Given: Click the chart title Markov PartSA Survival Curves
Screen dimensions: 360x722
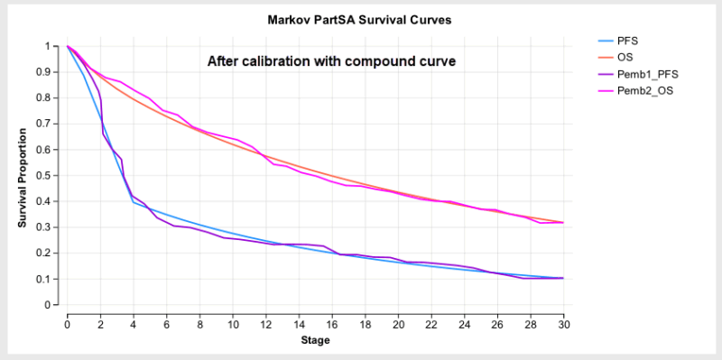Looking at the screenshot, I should click(360, 19).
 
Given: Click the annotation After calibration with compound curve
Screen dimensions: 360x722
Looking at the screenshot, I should click(331, 61).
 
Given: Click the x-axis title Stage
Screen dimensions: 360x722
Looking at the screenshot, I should click(315, 341).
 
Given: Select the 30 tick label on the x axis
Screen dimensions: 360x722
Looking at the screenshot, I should click(563, 324).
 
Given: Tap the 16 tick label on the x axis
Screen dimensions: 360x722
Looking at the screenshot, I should click(332, 324).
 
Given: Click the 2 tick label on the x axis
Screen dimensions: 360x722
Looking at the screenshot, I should click(101, 324).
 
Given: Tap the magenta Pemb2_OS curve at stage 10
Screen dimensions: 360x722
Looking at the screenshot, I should click(233, 139).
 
